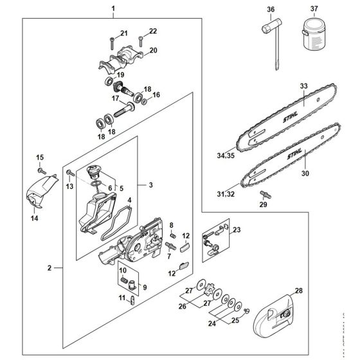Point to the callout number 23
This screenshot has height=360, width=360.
coord(237,230)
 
